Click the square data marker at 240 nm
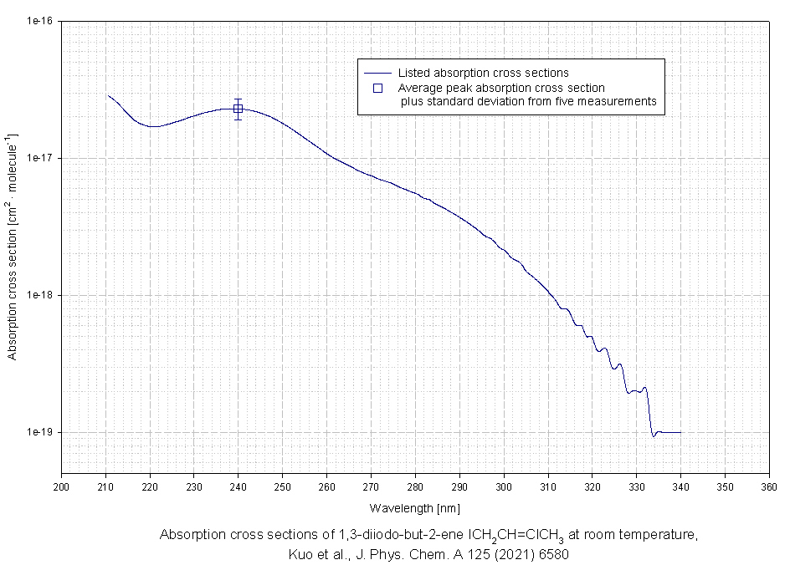(x=239, y=109)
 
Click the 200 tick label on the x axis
(x=62, y=485)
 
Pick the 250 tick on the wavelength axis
(x=283, y=485)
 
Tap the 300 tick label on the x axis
(x=504, y=485)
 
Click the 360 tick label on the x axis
(x=768, y=485)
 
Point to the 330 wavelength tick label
(x=636, y=485)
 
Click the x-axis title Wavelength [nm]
(x=414, y=507)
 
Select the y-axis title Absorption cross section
(x=13, y=247)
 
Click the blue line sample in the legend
(x=377, y=73)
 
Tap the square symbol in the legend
(x=377, y=87)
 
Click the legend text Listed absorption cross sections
(x=483, y=73)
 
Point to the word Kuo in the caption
(x=300, y=553)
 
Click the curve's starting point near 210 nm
(x=107, y=95)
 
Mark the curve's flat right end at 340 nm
(x=680, y=432)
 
